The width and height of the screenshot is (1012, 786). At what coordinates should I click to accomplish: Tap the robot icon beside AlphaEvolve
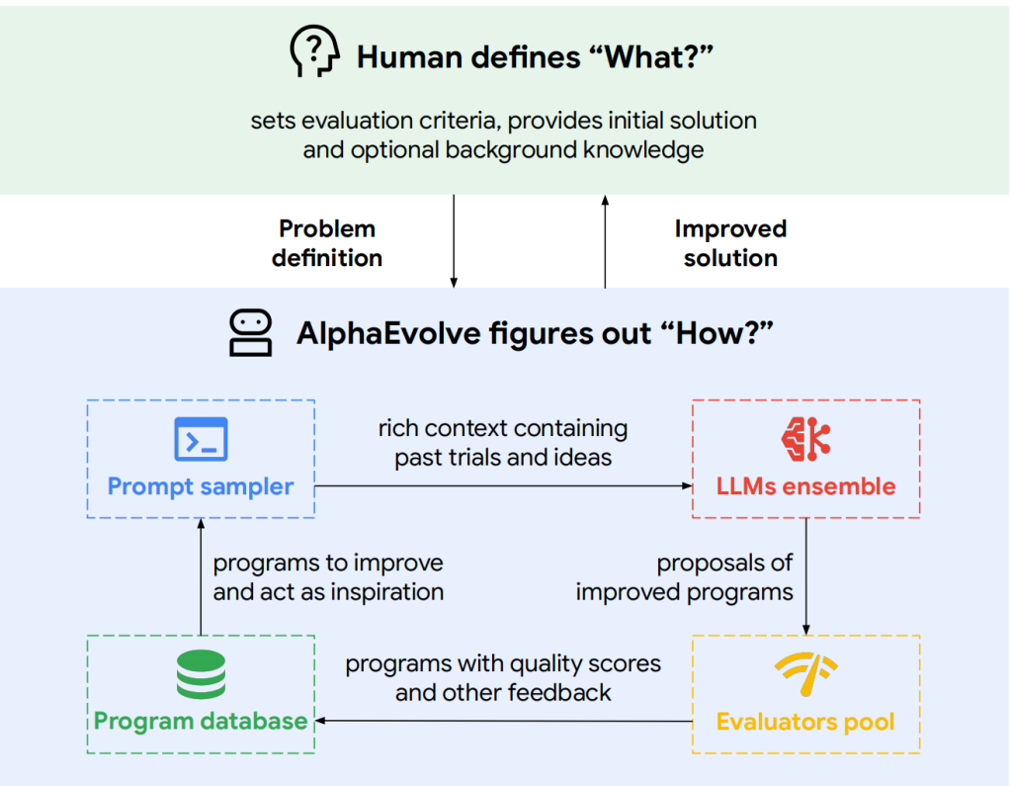coord(250,332)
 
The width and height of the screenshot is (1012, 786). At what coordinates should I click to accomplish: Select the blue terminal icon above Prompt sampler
coord(201,439)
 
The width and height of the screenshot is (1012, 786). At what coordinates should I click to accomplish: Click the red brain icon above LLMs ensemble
coord(805,439)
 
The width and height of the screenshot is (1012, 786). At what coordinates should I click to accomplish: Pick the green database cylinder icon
coord(201,674)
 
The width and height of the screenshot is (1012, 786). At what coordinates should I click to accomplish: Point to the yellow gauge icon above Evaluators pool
coord(806,674)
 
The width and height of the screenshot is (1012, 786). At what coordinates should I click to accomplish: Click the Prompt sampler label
coord(201,486)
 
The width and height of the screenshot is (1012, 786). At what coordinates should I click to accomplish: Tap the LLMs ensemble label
coord(806,486)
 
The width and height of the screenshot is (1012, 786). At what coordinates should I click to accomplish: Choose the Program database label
coord(201,721)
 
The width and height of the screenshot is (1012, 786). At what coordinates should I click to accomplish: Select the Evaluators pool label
coord(805,722)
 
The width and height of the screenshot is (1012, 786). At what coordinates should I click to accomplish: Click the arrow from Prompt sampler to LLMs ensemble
coord(503,485)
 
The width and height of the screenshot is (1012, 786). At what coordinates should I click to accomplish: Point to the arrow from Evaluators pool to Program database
coord(503,721)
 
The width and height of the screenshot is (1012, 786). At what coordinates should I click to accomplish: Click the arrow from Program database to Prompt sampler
coord(201,576)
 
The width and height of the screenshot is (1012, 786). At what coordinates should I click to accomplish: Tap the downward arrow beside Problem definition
coord(454,241)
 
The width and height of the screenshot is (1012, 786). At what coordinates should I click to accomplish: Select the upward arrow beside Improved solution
coord(605,241)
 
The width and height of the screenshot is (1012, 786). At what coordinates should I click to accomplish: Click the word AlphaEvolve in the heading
coord(388,334)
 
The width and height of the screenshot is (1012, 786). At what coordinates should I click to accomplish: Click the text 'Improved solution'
coord(730,243)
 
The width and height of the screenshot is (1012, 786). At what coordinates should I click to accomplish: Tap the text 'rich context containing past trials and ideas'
coord(503,442)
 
